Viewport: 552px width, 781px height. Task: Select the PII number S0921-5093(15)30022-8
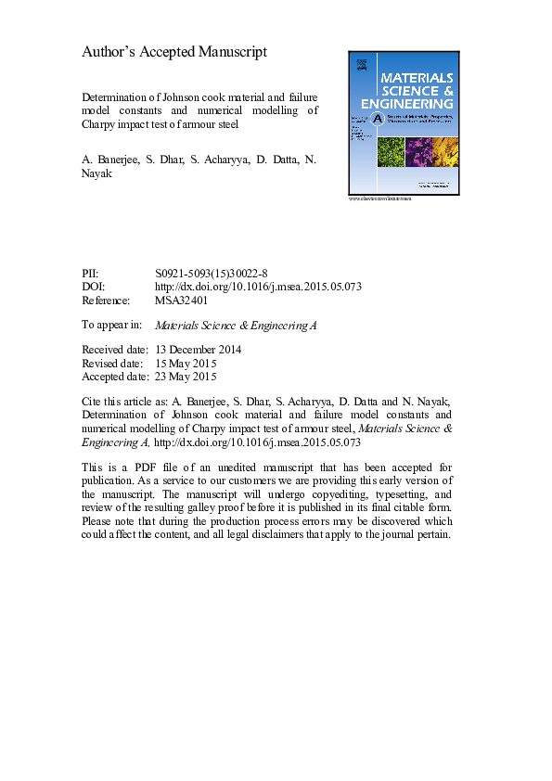[x=212, y=275]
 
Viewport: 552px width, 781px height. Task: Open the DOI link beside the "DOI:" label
[x=259, y=288]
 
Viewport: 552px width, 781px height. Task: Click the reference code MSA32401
[x=182, y=301]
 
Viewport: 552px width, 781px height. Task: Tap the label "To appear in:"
[x=112, y=326]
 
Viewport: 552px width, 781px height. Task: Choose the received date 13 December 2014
[x=198, y=350]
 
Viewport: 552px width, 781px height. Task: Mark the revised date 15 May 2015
[x=186, y=364]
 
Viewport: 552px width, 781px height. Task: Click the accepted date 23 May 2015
[x=186, y=377]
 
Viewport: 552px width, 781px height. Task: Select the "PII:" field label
[x=92, y=275]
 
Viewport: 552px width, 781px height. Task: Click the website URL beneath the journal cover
[x=379, y=198]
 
